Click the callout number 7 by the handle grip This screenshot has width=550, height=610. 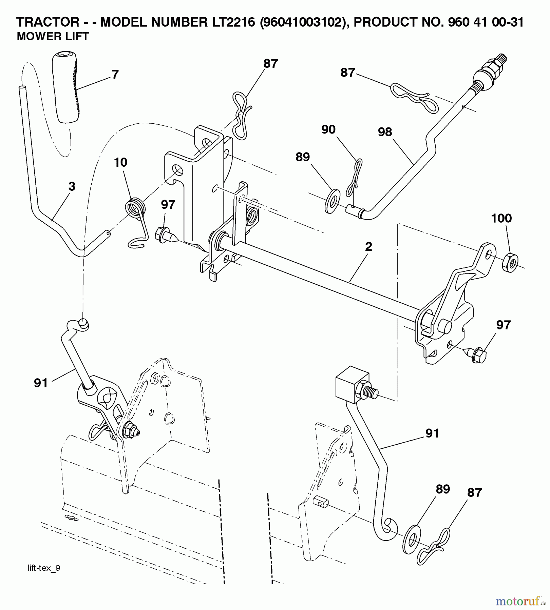(115, 75)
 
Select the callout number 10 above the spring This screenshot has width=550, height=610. (120, 162)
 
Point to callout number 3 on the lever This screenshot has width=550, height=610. (72, 186)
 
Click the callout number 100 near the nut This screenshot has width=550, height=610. (501, 218)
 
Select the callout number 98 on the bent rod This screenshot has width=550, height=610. (385, 132)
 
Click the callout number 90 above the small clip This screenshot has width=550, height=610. (328, 129)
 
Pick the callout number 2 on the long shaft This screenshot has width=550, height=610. (368, 246)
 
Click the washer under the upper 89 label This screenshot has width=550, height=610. (333, 202)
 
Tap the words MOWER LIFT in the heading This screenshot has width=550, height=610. (53, 37)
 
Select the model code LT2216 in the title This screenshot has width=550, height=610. (231, 22)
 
